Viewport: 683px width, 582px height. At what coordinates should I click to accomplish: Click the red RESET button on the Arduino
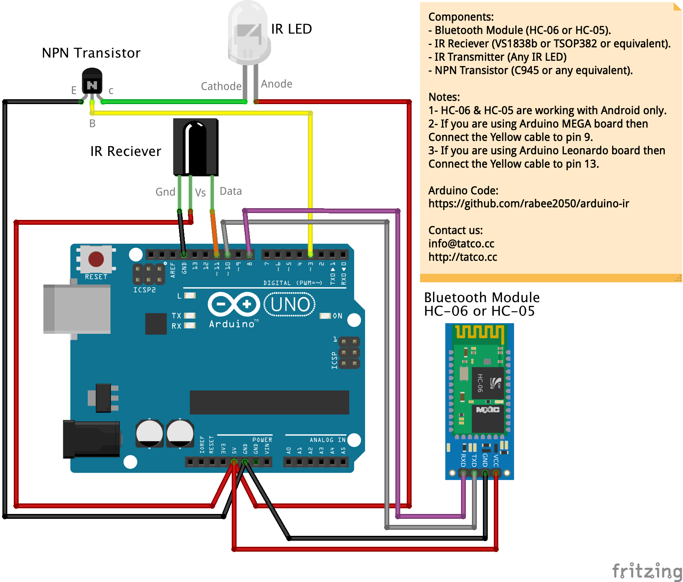coord(96,259)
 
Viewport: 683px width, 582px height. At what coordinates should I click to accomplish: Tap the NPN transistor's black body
coord(92,81)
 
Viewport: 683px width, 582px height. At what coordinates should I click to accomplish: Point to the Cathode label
coord(221,86)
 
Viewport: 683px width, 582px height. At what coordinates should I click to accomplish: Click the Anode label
coord(277,84)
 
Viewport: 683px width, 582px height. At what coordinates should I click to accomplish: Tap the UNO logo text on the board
coord(290,305)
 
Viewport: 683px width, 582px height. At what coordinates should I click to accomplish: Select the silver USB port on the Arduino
coord(77,309)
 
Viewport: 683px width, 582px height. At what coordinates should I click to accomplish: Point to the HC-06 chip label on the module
coord(480,383)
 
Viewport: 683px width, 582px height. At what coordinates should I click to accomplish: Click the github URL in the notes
coord(529,204)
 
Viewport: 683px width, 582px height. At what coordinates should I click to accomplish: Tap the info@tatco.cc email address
coord(461,244)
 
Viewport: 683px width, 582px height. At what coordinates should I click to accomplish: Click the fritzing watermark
coord(647,571)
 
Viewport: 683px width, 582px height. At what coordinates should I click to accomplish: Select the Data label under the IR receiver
coord(231,191)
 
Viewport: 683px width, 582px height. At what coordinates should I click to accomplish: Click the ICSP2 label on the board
coord(144,290)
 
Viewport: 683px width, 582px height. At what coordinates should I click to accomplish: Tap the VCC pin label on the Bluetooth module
coord(496,460)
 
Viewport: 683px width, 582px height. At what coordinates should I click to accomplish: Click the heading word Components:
coord(461,17)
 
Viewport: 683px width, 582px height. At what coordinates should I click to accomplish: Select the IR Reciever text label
coord(126,151)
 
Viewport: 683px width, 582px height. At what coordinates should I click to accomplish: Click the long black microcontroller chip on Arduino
coord(269,402)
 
